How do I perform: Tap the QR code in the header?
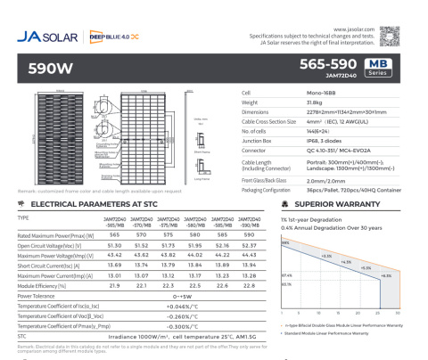[x=391, y=35]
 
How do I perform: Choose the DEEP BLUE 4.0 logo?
[x=111, y=37]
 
